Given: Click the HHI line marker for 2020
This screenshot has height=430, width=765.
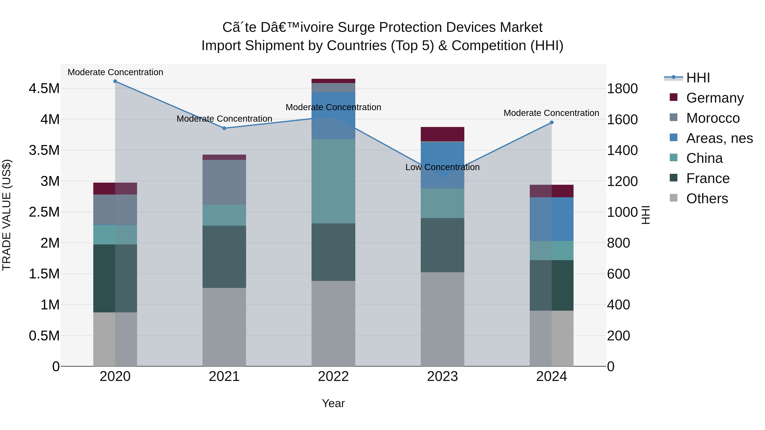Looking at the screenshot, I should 115,81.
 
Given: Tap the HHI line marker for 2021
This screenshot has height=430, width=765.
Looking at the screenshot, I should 224,128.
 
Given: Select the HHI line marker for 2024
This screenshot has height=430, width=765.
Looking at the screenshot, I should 551,123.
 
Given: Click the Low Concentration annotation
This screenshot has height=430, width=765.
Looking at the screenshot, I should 442,167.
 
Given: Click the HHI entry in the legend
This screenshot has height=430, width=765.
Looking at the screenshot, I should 698,78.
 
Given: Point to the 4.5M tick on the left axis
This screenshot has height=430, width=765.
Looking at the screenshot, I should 44,88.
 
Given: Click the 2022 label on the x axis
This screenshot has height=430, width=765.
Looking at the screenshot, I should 333,376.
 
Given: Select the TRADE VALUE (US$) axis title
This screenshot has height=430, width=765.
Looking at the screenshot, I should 7,215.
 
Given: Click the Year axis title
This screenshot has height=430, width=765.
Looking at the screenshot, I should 333,403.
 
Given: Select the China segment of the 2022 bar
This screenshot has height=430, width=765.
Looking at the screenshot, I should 333,181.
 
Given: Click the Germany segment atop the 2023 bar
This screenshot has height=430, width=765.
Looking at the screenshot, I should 442,134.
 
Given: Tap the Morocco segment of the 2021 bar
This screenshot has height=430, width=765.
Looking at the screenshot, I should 224,182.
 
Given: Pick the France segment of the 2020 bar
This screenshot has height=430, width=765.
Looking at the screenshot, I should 115,278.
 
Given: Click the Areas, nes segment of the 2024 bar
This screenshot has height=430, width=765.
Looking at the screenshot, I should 551,219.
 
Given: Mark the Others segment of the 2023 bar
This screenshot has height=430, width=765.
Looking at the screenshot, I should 442,319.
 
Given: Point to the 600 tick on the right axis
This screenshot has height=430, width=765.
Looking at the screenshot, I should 618,274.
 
